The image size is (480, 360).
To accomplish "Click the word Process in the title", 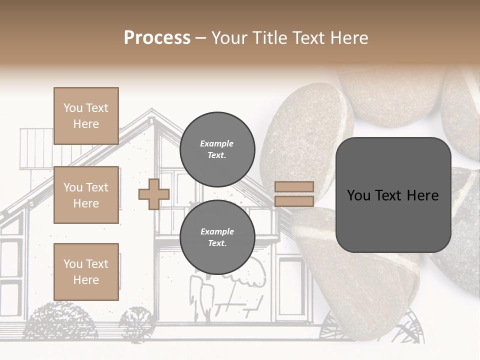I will [157, 38].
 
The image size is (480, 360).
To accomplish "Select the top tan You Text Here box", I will [86, 116].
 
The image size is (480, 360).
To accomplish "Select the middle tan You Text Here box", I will [86, 195].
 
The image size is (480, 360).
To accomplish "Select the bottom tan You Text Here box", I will [86, 271].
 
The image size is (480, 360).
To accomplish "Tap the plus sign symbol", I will [154, 194].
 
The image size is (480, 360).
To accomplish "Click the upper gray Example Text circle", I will [217, 149].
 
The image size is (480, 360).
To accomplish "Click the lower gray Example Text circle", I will [217, 237].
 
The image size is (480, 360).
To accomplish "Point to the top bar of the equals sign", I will [294, 187].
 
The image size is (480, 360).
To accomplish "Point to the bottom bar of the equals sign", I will [294, 201].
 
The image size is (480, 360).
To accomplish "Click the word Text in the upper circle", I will [217, 155].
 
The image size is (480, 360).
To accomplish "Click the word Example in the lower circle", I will [217, 232].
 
